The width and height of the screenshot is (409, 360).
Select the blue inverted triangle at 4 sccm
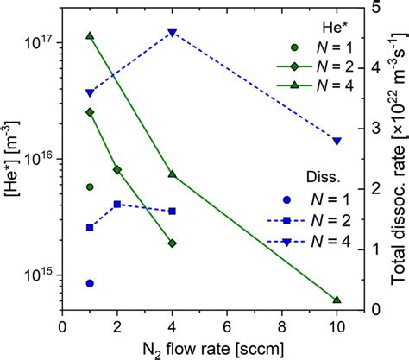(172, 33)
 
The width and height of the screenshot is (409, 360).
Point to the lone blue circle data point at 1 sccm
(90, 282)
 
